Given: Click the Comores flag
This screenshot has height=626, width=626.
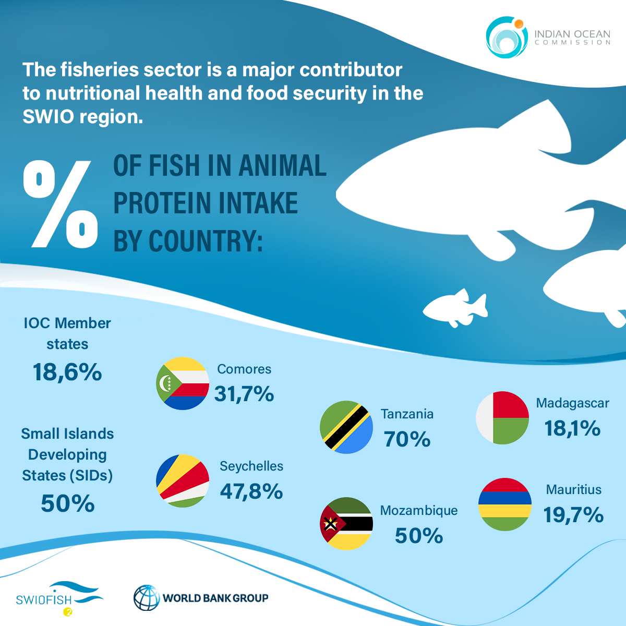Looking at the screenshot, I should (x=183, y=383).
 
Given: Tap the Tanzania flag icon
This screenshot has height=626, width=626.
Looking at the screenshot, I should (x=346, y=427).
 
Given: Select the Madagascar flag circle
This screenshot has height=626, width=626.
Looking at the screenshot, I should (x=502, y=417).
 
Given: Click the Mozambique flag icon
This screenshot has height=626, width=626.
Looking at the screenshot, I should (x=346, y=523).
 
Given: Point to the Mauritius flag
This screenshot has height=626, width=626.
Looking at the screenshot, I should (x=505, y=504).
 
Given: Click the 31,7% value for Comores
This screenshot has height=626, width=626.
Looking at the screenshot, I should (x=244, y=394).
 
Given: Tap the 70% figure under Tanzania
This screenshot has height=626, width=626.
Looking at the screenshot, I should (x=407, y=439).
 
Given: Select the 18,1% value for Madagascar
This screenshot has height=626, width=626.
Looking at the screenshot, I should (x=572, y=428).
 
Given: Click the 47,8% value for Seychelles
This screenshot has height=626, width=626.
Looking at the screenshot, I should (x=251, y=491).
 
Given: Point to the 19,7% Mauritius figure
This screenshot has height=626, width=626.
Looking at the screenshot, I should (x=573, y=515).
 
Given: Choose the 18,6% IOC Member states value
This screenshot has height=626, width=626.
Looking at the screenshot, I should (x=67, y=372).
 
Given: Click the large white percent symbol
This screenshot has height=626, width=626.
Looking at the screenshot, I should (x=61, y=203).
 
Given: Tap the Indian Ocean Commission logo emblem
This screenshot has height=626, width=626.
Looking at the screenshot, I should (x=504, y=37).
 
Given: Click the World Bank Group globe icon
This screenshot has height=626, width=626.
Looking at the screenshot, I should (x=147, y=598).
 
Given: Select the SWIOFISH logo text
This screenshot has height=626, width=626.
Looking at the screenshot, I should (x=44, y=599).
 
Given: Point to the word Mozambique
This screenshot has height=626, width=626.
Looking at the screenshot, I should (x=418, y=510).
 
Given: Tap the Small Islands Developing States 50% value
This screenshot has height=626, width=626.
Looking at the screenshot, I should (x=68, y=503).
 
